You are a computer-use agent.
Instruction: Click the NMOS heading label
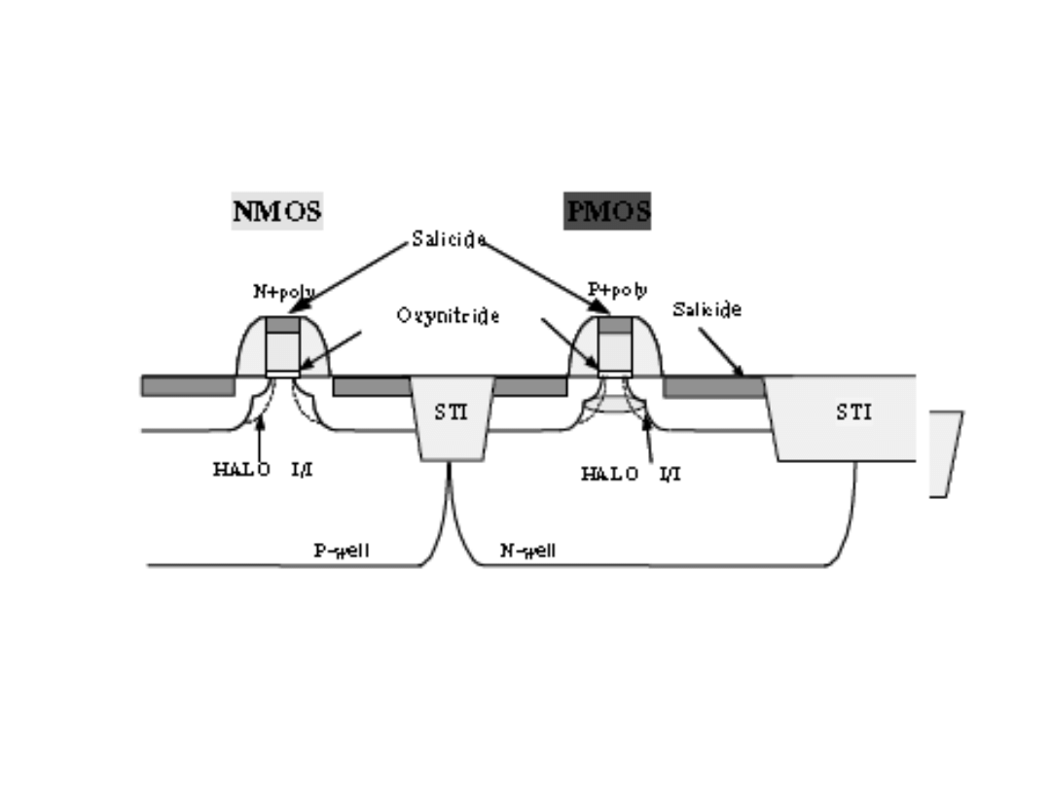277,211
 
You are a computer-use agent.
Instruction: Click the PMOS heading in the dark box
607,211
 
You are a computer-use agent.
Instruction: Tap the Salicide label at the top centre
448,239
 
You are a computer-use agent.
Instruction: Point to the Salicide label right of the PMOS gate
707,309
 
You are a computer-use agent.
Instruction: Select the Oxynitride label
448,316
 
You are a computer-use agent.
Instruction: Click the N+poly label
283,291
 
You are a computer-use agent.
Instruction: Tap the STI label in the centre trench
451,412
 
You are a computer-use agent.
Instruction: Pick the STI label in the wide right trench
853,412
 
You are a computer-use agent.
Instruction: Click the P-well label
341,551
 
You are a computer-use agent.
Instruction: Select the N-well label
528,551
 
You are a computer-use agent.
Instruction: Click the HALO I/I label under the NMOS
263,471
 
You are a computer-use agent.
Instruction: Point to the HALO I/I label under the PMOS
631,474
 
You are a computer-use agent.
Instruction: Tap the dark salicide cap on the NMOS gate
283,324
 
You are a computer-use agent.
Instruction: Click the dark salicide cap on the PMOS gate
615,325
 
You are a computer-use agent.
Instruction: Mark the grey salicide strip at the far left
188,386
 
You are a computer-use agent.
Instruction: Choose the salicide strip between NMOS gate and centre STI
372,386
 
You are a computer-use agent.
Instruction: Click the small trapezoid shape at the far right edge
944,453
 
